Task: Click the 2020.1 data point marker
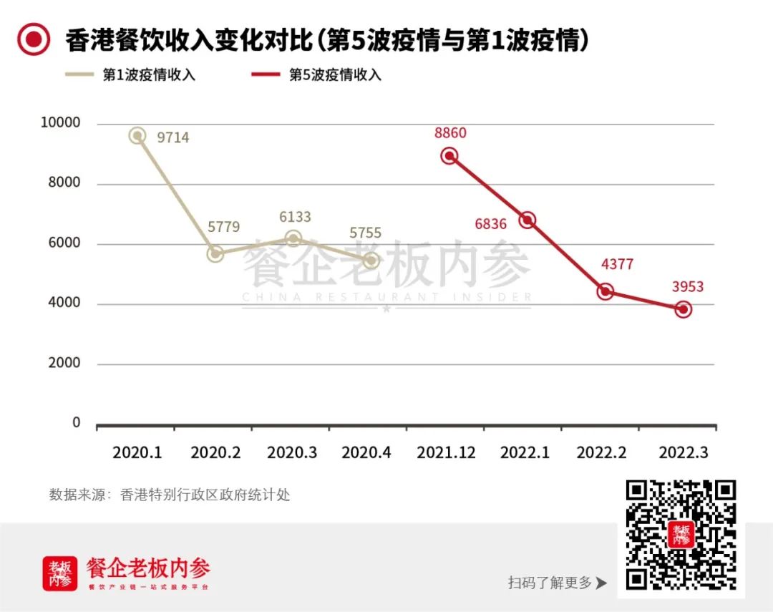pos(137,136)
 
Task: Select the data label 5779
pos(224,227)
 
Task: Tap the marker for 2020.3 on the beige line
pos(293,238)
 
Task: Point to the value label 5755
pos(365,233)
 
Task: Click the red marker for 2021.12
pos(449,155)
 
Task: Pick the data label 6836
pos(490,224)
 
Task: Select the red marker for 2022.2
pos(605,291)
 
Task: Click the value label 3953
pos(688,287)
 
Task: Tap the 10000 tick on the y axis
pos(61,123)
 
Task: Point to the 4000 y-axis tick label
pos(65,303)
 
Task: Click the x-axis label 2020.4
pos(366,453)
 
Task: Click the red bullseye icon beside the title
pos(34,40)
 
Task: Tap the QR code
pos(681,534)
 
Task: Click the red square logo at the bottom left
pos(60,573)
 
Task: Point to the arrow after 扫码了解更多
pos(601,583)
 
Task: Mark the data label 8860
pos(449,133)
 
